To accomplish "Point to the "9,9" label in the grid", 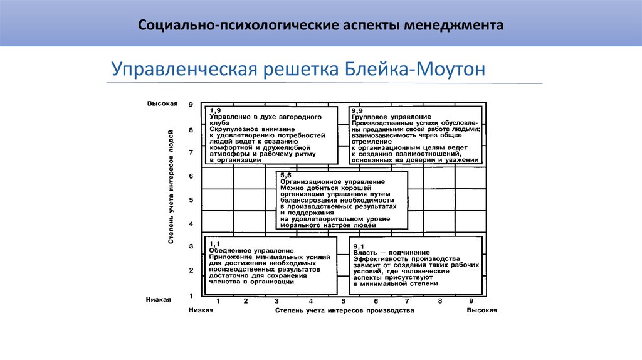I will click(x=358, y=110).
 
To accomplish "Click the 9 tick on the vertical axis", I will click(x=191, y=105).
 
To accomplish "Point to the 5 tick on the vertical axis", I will click(x=191, y=201).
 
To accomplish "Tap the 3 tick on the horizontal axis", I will click(x=246, y=302).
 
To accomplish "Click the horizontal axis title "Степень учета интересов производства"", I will click(x=344, y=310).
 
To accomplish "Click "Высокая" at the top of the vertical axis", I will click(x=163, y=103).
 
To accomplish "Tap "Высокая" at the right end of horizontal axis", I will click(x=481, y=310).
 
